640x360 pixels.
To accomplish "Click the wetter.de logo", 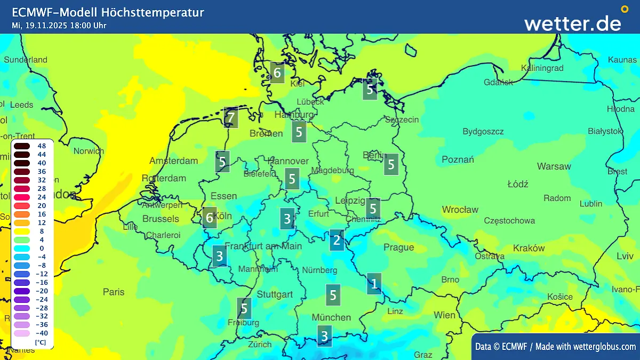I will pos(573,23).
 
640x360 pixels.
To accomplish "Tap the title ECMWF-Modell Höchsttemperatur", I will pos(108,12).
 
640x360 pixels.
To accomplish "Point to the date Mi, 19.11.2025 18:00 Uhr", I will pos(59,25).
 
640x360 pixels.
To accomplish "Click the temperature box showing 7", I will pos(231,117).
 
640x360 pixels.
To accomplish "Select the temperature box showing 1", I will pos(374,283).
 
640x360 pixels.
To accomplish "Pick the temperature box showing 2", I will pos(337,240).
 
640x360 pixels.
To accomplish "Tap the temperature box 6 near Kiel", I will pos(277,73).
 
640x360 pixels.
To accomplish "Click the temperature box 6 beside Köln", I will pos(210,218).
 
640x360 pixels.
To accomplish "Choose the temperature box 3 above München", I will pos(324,336).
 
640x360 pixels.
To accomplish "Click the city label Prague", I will pos(398,247).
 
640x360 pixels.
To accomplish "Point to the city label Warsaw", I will pos(554,166).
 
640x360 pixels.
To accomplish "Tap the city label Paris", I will pos(114,292).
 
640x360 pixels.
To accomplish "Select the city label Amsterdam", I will pos(174,161).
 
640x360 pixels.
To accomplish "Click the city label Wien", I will pos(444,315).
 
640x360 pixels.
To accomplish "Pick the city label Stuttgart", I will pos(275,294).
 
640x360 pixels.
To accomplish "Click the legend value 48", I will pos(42,146).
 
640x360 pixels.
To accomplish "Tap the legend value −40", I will pos(41,333).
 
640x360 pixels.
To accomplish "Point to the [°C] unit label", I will pos(41,342).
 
